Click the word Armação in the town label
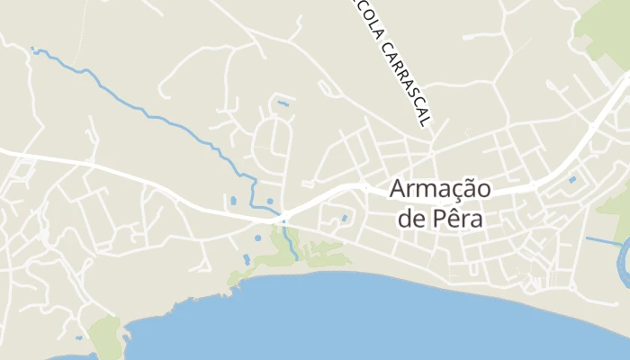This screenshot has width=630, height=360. [439, 190]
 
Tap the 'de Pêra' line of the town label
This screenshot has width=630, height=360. [439, 219]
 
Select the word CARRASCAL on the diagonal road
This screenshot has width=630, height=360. [405, 80]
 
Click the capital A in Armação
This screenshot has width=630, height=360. [399, 190]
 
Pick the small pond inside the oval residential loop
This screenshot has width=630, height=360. [283, 103]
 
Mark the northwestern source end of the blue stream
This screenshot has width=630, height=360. [34, 49]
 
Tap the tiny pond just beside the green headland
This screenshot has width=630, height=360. [79, 337]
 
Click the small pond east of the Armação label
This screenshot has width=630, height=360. [571, 180]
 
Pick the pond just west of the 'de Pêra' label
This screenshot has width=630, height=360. [343, 218]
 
